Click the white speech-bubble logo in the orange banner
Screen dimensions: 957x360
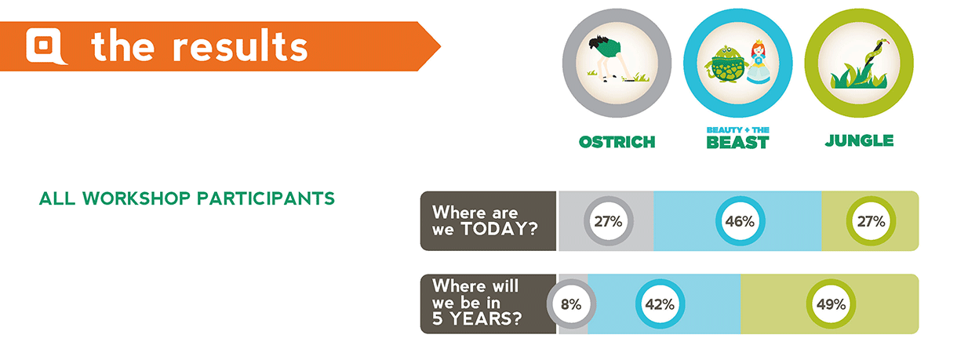(46, 46)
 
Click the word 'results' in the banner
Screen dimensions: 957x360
(240, 46)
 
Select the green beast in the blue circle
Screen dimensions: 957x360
(726, 64)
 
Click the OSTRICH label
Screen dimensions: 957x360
(617, 142)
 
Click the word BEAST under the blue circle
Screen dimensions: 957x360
(738, 142)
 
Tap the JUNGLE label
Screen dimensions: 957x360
(859, 140)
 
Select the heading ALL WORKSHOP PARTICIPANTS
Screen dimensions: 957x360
(187, 198)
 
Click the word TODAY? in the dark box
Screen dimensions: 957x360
(500, 229)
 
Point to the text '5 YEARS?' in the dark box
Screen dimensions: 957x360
(477, 318)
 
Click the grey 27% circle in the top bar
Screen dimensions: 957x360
(609, 221)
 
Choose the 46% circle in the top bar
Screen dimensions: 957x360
(740, 221)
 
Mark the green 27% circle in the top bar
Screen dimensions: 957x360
(871, 221)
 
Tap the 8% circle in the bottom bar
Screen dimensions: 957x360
(571, 304)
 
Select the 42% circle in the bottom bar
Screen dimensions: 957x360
(660, 304)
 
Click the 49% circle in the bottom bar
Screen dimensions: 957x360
(831, 304)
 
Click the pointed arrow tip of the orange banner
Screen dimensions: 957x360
(441, 46)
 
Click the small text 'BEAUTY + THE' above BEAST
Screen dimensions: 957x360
(738, 130)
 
